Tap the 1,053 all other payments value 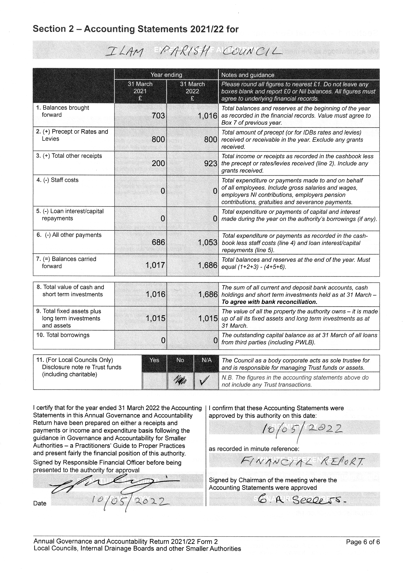[x=207, y=242]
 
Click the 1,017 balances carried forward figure [x=155, y=265]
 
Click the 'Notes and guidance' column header [x=248, y=75]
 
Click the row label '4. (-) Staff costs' [x=57, y=180]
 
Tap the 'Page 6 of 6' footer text [x=363, y=542]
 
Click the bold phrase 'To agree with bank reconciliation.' [x=269, y=302]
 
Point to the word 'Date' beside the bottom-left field [x=40, y=503]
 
